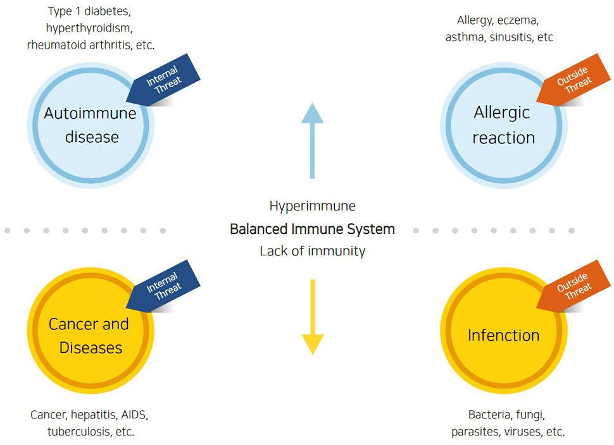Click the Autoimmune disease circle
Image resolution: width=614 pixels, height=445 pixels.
91,126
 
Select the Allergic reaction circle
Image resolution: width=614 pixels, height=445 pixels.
504,126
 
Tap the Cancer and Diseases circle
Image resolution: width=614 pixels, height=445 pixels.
91,331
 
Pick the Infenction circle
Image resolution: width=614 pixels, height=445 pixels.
504,331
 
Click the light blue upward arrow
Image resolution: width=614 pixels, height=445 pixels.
312,141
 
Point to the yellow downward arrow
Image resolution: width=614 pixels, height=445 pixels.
312,317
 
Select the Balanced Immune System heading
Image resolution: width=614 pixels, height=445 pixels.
312,229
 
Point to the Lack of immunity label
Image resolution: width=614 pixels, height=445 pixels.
313,251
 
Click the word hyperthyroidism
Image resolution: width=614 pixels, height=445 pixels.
88,28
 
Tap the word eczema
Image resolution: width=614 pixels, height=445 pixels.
517,20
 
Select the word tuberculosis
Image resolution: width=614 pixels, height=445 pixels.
80,432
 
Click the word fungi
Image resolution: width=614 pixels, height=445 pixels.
530,415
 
